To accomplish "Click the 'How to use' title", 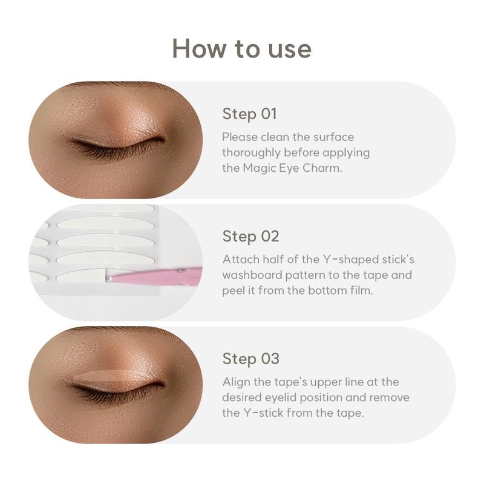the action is [241, 48].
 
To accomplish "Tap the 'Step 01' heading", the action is [249, 114].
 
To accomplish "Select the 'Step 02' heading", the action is [250, 237].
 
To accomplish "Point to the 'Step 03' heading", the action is [250, 359].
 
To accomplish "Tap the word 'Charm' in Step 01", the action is [322, 168].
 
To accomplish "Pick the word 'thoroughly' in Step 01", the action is [251, 153].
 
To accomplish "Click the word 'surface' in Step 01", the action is [334, 137].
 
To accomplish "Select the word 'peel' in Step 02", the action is [234, 291].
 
